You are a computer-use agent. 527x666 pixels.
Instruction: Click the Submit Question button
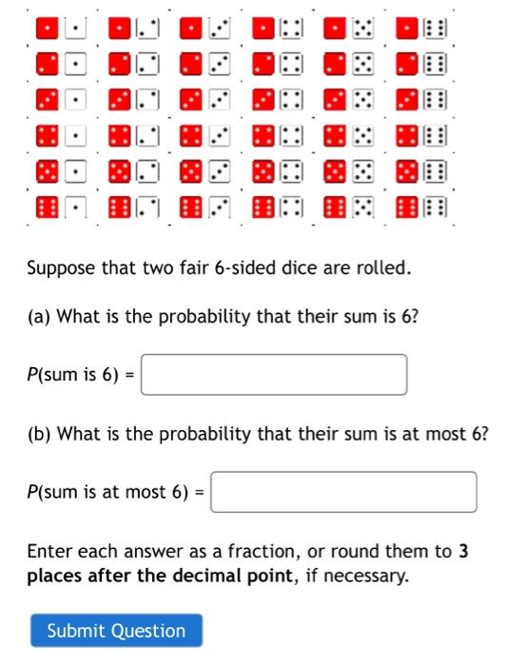[116, 631]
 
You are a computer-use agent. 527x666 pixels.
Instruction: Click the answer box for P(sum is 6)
[275, 375]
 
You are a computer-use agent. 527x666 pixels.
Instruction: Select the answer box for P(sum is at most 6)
[343, 492]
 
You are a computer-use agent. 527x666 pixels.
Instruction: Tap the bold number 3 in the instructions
[463, 552]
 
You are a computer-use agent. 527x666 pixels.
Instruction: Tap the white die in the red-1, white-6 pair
[435, 29]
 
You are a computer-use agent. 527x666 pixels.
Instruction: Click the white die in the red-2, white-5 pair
[363, 65]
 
